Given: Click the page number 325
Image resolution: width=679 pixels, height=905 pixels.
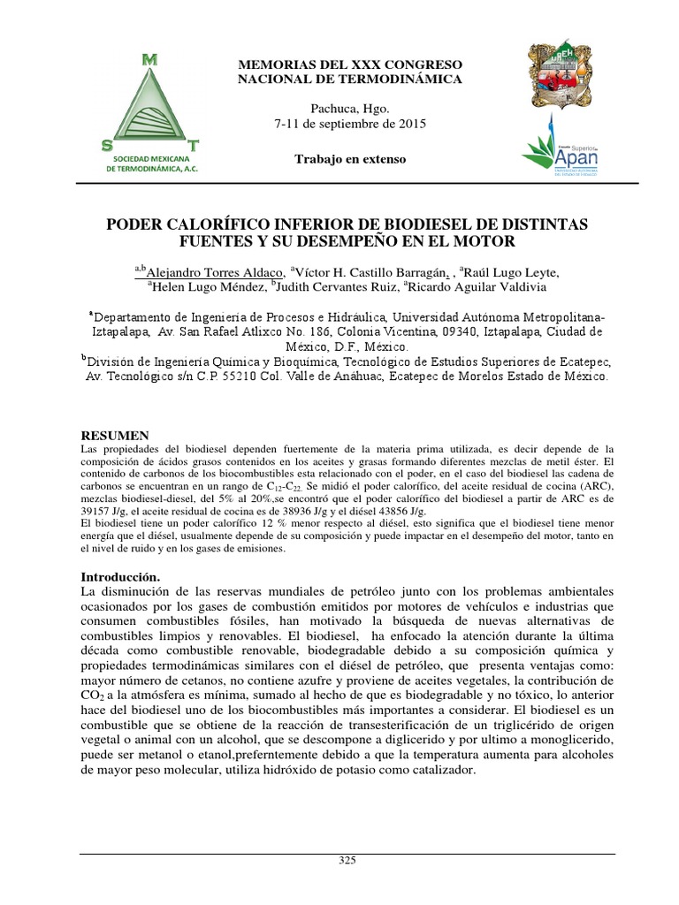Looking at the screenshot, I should coord(346,861).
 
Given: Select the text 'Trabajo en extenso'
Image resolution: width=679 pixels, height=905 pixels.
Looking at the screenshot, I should coord(350,159).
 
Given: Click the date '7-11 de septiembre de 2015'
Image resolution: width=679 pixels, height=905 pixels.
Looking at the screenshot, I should coord(350,125).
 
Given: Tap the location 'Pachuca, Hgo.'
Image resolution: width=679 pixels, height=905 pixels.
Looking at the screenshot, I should coord(350,109).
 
